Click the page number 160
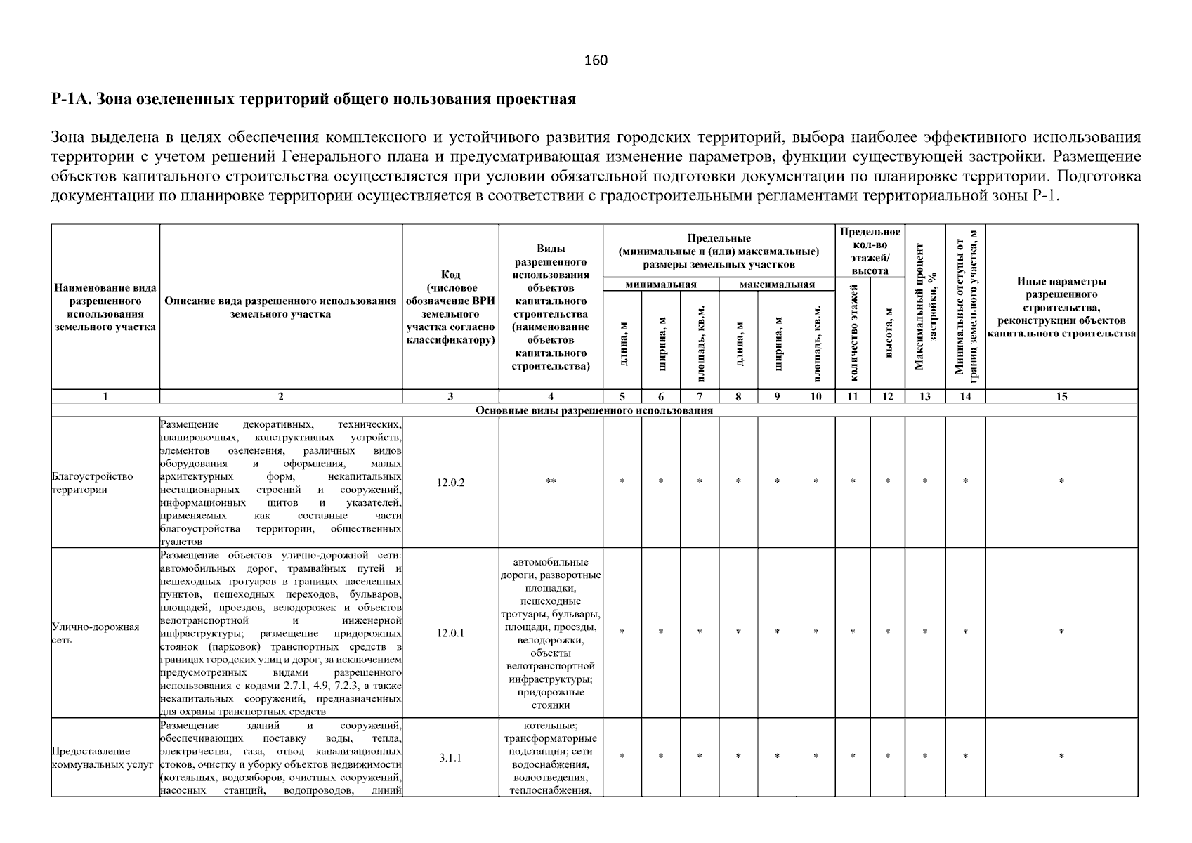tap(596, 60)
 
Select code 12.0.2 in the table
tap(450, 483)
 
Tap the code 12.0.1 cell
tap(450, 633)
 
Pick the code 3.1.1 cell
tap(450, 758)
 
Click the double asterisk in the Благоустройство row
tap(551, 482)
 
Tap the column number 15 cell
tap(1061, 397)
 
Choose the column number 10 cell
tap(816, 397)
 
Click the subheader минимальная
tap(660, 285)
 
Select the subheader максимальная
tap(777, 285)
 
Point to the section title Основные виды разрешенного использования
tap(594, 410)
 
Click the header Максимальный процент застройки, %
tap(925, 306)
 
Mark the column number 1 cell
tap(105, 397)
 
